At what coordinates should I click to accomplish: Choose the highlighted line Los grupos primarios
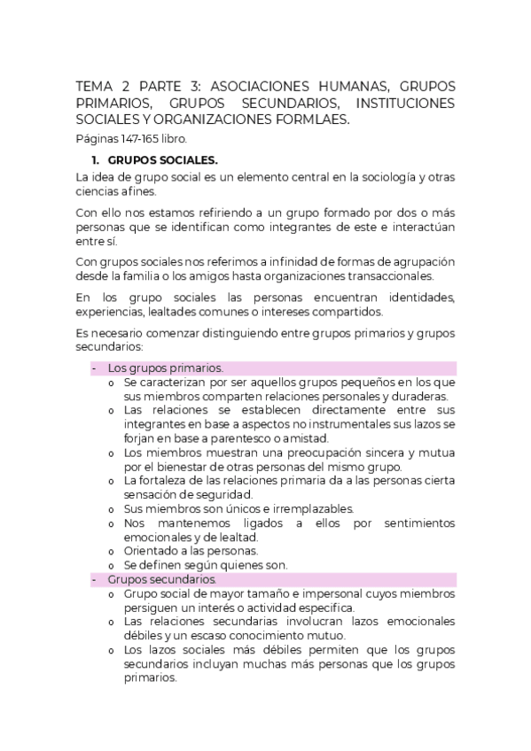(165, 368)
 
